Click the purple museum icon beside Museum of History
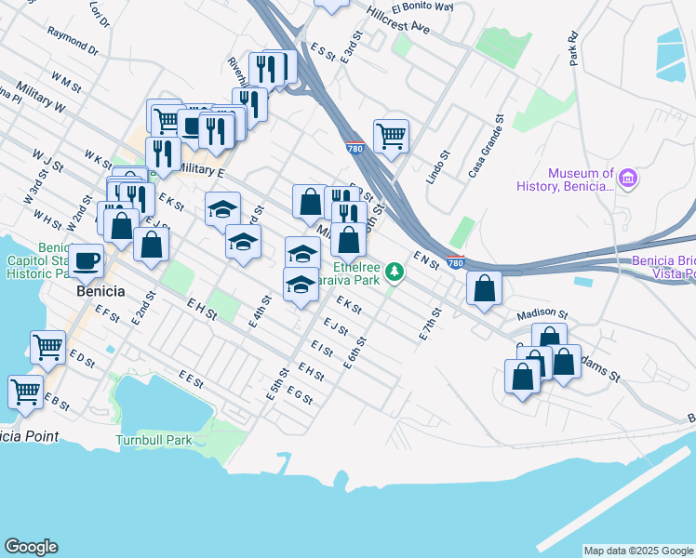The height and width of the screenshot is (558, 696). (x=628, y=178)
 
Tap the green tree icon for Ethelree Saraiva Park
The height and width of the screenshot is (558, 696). (x=396, y=272)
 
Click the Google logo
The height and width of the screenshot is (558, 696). (x=31, y=547)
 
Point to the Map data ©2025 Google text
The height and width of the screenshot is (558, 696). (x=638, y=551)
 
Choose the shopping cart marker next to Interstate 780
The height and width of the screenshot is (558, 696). (x=392, y=137)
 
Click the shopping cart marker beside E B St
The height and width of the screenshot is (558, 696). (x=26, y=391)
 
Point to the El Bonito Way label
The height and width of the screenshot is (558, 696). (x=428, y=7)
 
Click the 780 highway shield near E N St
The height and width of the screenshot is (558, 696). (x=455, y=262)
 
